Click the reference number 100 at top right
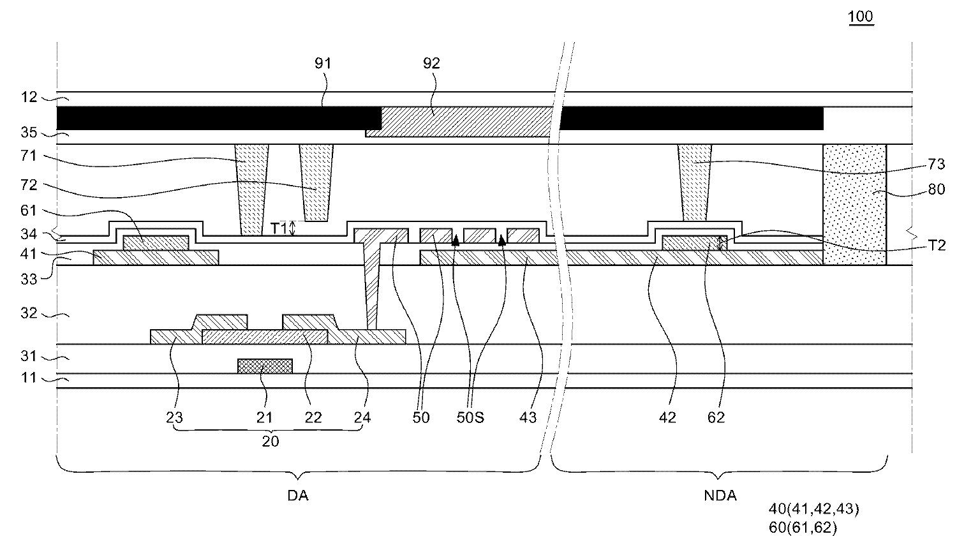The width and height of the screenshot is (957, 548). click(x=861, y=16)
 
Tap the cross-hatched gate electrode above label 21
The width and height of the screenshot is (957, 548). click(x=265, y=366)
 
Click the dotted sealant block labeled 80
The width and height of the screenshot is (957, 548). click(x=854, y=205)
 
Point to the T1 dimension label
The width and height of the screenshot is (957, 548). click(x=279, y=228)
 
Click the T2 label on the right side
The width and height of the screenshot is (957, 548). click(x=937, y=245)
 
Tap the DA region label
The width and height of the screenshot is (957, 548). click(x=298, y=496)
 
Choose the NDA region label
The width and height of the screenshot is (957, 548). click(x=720, y=496)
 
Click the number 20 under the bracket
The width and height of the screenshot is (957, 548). click(x=270, y=441)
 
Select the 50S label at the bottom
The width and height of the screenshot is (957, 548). click(x=470, y=417)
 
